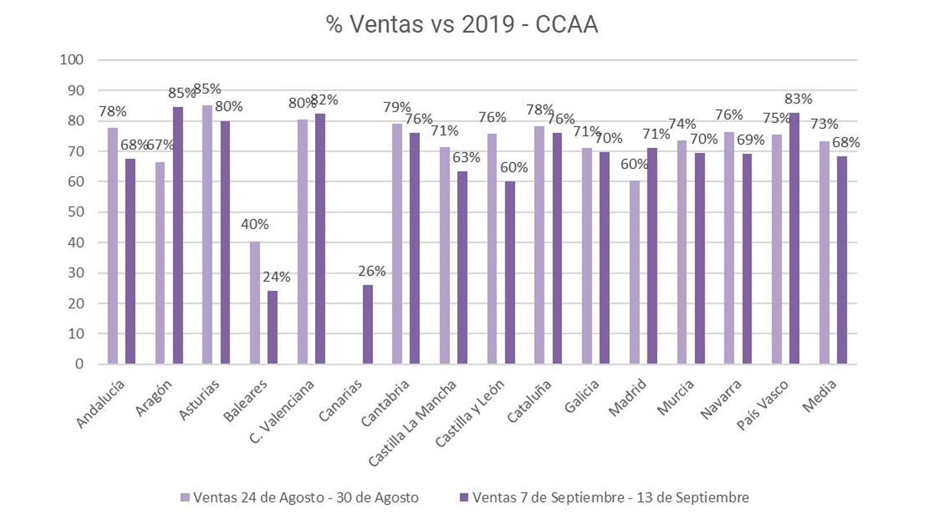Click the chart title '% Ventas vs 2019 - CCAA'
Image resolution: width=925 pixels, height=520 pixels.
(461, 24)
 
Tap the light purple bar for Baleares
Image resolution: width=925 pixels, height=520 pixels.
(255, 303)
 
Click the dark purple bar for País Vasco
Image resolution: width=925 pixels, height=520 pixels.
(794, 238)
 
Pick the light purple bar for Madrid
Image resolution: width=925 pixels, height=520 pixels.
(634, 272)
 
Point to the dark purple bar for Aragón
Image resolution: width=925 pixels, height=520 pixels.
(177, 235)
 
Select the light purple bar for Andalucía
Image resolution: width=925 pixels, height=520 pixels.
(112, 246)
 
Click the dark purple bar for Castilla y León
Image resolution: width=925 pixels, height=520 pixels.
(510, 272)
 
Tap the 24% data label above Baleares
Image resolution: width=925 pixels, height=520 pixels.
(276, 277)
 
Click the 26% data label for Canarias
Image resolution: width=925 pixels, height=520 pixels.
(372, 271)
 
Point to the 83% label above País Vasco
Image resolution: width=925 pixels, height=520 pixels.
(798, 99)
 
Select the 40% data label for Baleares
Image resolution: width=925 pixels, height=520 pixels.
(255, 224)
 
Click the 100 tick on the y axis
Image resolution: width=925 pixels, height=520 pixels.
(72, 60)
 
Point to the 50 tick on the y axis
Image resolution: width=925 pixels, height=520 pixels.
(75, 212)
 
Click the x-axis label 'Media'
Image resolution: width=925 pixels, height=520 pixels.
(820, 396)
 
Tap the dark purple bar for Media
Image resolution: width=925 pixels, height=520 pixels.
(842, 259)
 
